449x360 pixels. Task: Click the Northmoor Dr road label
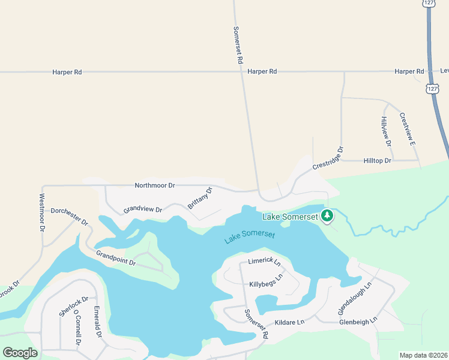(x=155, y=186)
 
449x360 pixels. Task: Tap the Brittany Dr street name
(x=200, y=198)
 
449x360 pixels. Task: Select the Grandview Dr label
(x=143, y=210)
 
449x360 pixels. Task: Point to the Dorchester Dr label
(x=70, y=217)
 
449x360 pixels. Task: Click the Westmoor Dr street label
(x=42, y=212)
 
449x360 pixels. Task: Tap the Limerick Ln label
(x=265, y=262)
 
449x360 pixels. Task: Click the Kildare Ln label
(x=290, y=322)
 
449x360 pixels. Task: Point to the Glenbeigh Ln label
(x=357, y=321)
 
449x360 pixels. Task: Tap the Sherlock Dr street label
(x=74, y=306)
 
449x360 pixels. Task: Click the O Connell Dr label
(x=77, y=328)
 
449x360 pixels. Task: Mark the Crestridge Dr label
(x=328, y=157)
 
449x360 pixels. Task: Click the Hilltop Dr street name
(x=378, y=161)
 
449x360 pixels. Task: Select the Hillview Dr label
(x=385, y=131)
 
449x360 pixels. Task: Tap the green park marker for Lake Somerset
(x=327, y=215)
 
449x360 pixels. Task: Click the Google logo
(x=20, y=352)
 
